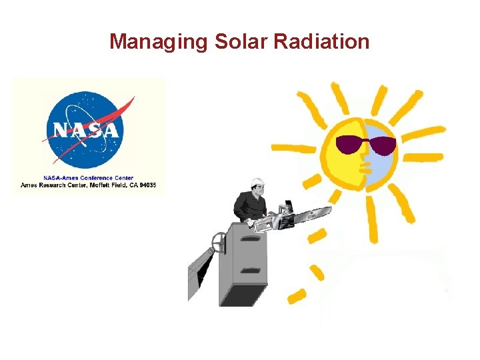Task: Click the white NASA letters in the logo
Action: click(x=87, y=129)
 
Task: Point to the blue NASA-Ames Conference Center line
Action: click(x=88, y=178)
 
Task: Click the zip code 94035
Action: click(x=145, y=185)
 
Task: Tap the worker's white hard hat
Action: click(x=257, y=182)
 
